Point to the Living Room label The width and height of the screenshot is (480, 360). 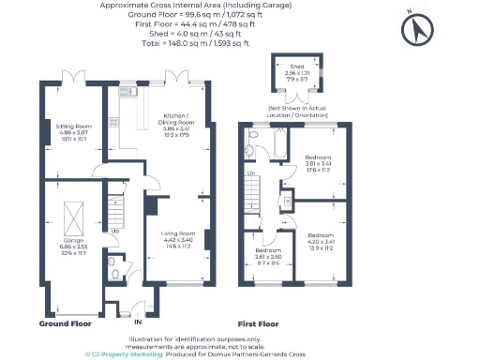[x=176, y=238]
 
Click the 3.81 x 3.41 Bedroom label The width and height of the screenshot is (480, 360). [x=318, y=163]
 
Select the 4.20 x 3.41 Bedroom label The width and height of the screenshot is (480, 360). [x=321, y=241]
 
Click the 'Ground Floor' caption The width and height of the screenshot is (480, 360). [x=65, y=323]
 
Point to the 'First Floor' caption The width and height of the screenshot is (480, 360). [x=259, y=323]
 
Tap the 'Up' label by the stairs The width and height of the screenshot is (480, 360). [x=114, y=232]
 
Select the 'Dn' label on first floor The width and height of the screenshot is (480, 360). [x=251, y=173]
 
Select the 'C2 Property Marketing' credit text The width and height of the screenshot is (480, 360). [x=123, y=354]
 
